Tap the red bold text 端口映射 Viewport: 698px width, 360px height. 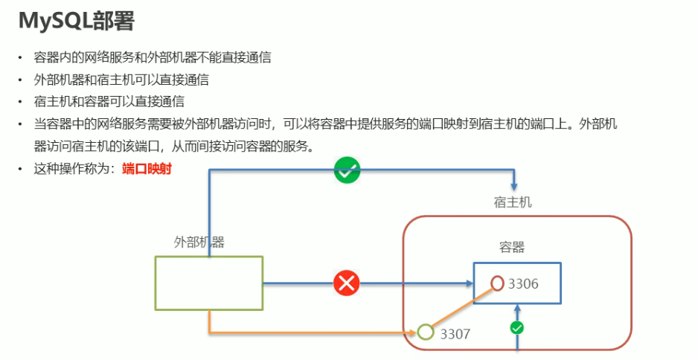tap(147, 169)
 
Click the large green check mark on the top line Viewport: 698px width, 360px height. tap(347, 170)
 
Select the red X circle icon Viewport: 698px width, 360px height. tap(346, 283)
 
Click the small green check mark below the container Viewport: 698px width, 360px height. tap(517, 327)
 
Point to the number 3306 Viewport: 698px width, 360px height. tap(523, 283)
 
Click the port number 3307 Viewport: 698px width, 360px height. tap(455, 334)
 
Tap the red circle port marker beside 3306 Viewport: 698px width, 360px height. tap(498, 283)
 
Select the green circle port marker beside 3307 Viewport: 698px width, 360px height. tap(426, 332)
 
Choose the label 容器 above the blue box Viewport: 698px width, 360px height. tap(513, 247)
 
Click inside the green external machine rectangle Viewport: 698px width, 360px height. tap(208, 283)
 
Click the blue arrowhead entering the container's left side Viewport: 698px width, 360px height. tap(467, 283)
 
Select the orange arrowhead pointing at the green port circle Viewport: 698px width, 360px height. tap(413, 331)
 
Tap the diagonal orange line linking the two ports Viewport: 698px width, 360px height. tap(461, 308)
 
